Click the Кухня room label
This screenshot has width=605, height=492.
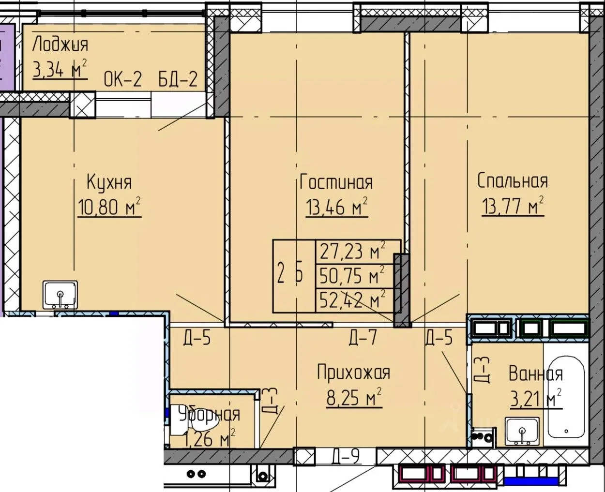click(109, 182)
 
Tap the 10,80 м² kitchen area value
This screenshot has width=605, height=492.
click(109, 207)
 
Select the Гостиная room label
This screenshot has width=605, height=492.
click(336, 182)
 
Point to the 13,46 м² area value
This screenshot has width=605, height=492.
click(337, 207)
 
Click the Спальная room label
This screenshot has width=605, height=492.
click(513, 180)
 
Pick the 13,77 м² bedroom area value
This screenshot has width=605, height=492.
click(513, 205)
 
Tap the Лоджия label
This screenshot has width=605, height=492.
click(60, 45)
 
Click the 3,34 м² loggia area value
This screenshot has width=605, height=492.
click(60, 69)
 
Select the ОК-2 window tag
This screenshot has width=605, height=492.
click(123, 79)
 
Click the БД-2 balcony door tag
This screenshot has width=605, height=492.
click(178, 79)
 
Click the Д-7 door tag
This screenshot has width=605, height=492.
click(363, 338)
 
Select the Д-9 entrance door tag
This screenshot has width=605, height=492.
click(346, 456)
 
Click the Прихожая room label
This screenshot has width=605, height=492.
click(354, 373)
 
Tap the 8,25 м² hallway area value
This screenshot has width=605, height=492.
click(354, 398)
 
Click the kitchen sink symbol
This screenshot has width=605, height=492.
click(60, 295)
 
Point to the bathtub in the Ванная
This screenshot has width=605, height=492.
click(566, 398)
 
